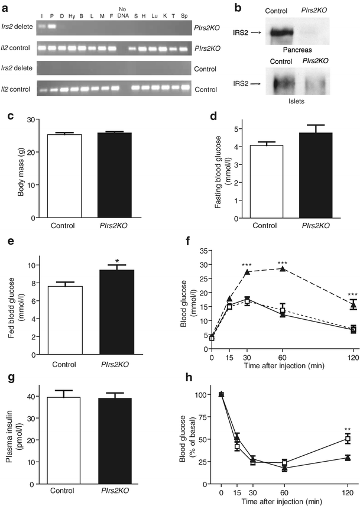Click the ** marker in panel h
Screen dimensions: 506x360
click(348, 430)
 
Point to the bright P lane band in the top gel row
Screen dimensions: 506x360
click(51, 27)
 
